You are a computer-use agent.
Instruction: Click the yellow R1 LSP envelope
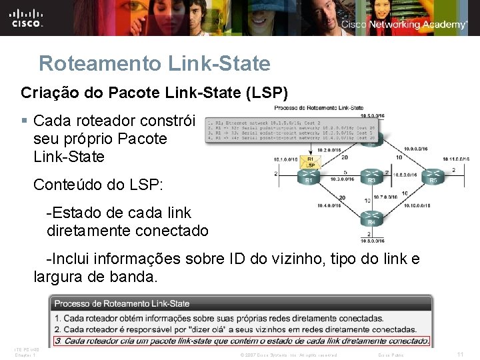click(x=309, y=162)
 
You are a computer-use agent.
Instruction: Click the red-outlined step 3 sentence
click(x=242, y=340)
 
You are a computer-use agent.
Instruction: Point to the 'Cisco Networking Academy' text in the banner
click(x=404, y=25)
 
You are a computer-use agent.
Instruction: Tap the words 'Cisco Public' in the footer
click(x=391, y=355)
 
